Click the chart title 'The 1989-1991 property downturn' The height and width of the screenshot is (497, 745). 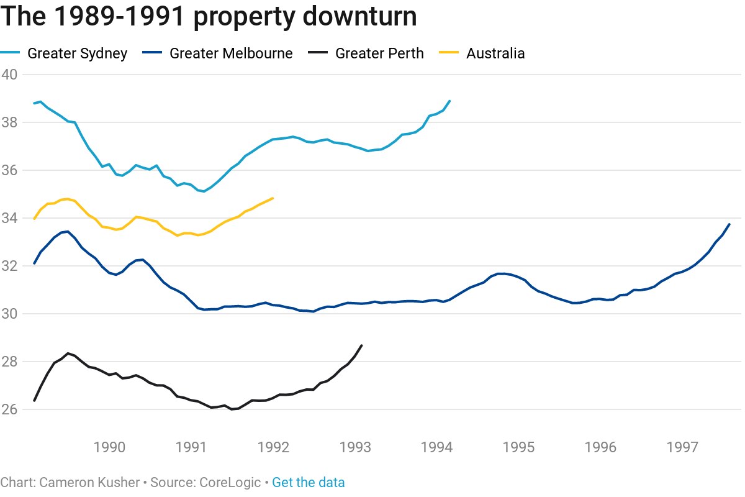click(208, 17)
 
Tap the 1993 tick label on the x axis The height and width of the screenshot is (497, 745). click(356, 447)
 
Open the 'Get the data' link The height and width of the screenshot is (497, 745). click(309, 483)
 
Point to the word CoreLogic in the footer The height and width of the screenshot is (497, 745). click(230, 483)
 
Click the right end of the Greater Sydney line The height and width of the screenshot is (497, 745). click(449, 101)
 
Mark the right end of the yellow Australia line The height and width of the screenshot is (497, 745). click(273, 198)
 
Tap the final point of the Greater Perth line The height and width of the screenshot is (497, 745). click(361, 345)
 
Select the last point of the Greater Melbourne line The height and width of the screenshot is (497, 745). click(729, 224)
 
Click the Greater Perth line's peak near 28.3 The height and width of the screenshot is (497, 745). click(67, 353)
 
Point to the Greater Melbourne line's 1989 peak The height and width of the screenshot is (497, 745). click(67, 231)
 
